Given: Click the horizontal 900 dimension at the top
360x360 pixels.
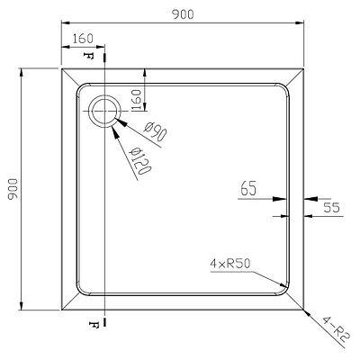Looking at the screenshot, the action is pyautogui.click(x=183, y=14).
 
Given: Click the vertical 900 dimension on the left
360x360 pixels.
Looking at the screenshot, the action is pyautogui.click(x=13, y=189).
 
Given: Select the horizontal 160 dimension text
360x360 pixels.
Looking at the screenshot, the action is pyautogui.click(x=83, y=39).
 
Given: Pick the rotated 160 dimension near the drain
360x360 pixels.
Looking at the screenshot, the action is pyautogui.click(x=136, y=100).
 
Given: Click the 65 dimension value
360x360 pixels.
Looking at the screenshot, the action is pyautogui.click(x=248, y=189).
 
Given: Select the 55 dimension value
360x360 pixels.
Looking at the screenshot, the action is pyautogui.click(x=331, y=208).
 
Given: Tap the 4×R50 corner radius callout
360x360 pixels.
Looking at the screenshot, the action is pyautogui.click(x=230, y=264).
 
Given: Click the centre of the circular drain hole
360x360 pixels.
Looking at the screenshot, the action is pyautogui.click(x=104, y=111).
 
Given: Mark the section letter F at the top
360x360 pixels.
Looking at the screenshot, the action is pyautogui.click(x=88, y=56).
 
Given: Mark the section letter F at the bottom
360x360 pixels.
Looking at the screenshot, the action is pyautogui.click(x=94, y=324).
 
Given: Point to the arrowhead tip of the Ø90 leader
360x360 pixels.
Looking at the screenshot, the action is pyautogui.click(x=114, y=119).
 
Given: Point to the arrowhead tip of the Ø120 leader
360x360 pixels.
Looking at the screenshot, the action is pyautogui.click(x=112, y=126).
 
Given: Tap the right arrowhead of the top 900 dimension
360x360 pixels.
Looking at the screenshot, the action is pyautogui.click(x=303, y=22).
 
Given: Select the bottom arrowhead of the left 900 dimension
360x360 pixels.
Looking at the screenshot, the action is pyautogui.click(x=21, y=310).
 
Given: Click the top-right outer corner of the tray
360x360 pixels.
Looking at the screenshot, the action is pyautogui.click(x=303, y=69).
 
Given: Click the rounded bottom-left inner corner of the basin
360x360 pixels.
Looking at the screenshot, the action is pyautogui.click(x=80, y=291).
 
